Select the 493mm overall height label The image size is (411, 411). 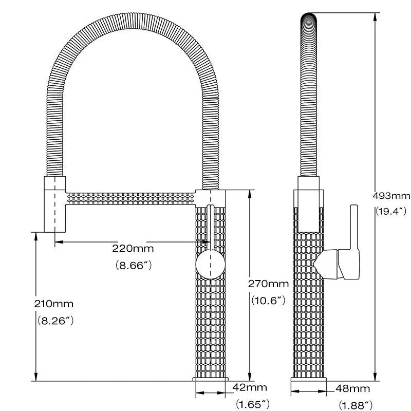click(x=391, y=195)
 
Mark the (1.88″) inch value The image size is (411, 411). click(x=356, y=405)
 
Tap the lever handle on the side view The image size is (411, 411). click(x=353, y=236)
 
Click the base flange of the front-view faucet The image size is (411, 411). click(x=211, y=379)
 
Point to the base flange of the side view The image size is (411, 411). click(x=310, y=379)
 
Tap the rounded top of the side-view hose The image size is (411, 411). click(x=309, y=18)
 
